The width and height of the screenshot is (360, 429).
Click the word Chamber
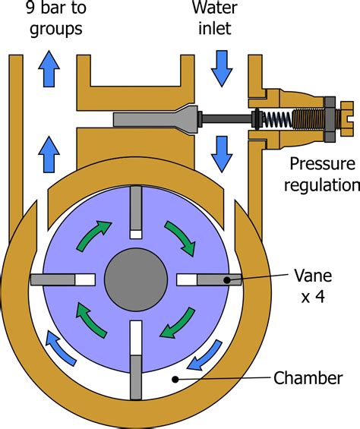coord(307,377)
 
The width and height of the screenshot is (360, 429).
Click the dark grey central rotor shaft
coord(136,279)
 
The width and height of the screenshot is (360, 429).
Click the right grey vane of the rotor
coord(218,279)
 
